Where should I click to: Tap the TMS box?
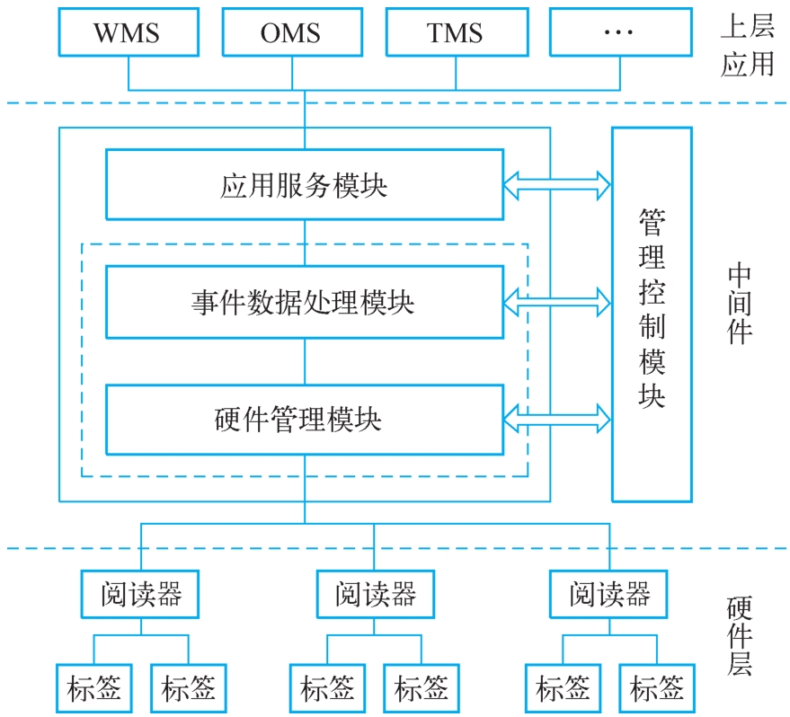[454, 33]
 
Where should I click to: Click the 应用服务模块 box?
[304, 184]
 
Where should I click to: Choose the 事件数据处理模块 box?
[304, 301]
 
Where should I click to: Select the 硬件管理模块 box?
[304, 419]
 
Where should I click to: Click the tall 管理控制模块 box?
[652, 314]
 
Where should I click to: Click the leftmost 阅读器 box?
[140, 594]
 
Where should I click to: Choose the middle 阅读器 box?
[375, 594]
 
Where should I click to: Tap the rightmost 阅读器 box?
[609, 594]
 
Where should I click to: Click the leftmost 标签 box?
[93, 688]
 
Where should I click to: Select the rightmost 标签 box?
[657, 688]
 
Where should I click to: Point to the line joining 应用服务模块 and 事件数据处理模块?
[305, 242]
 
